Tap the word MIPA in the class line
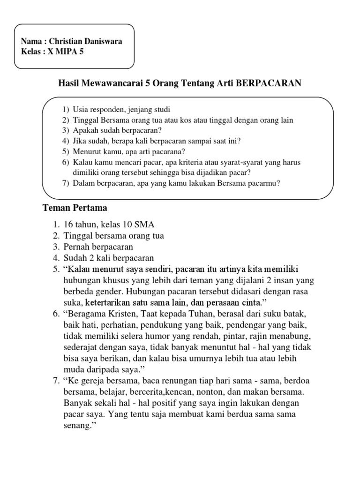[x=64, y=52]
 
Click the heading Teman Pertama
[x=75, y=207]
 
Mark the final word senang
[x=78, y=426]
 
